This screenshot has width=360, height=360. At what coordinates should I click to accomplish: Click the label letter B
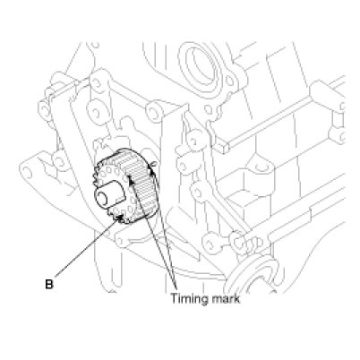(49, 284)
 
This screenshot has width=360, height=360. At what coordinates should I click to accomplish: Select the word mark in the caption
(227, 298)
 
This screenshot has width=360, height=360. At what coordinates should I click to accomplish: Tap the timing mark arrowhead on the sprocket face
(130, 178)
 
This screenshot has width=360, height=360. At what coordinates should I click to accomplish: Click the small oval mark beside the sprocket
(153, 164)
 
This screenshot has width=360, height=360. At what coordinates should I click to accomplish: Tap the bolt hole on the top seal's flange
(229, 81)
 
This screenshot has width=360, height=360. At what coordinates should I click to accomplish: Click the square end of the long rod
(223, 147)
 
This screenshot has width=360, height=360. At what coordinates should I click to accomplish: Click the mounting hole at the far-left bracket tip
(27, 171)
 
